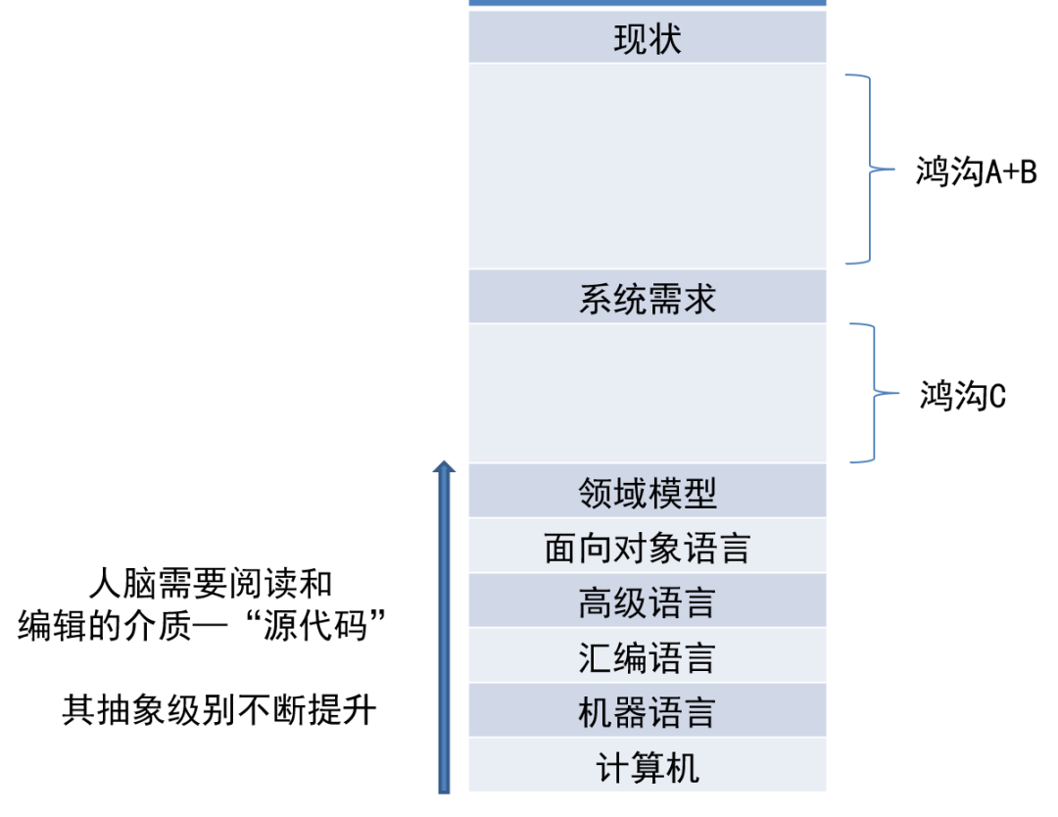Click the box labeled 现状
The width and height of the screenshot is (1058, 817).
tap(647, 38)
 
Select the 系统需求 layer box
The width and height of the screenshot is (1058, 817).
tap(647, 298)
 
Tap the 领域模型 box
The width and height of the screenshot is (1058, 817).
tap(647, 491)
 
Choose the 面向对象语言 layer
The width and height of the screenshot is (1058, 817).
tap(647, 547)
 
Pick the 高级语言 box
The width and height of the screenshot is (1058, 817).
tap(647, 601)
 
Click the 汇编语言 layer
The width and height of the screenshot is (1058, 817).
tap(647, 657)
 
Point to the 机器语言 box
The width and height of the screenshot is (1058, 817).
tap(647, 712)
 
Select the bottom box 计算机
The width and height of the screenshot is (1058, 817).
tap(647, 767)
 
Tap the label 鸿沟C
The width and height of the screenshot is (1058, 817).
tap(962, 396)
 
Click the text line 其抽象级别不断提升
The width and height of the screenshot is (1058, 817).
tap(219, 709)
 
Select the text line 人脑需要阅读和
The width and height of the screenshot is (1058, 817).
tap(210, 584)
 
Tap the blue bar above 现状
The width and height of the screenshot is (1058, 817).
tap(647, 3)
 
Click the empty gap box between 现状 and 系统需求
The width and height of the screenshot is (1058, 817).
tap(647, 167)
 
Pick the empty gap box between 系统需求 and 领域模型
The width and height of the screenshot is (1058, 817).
tap(647, 393)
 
